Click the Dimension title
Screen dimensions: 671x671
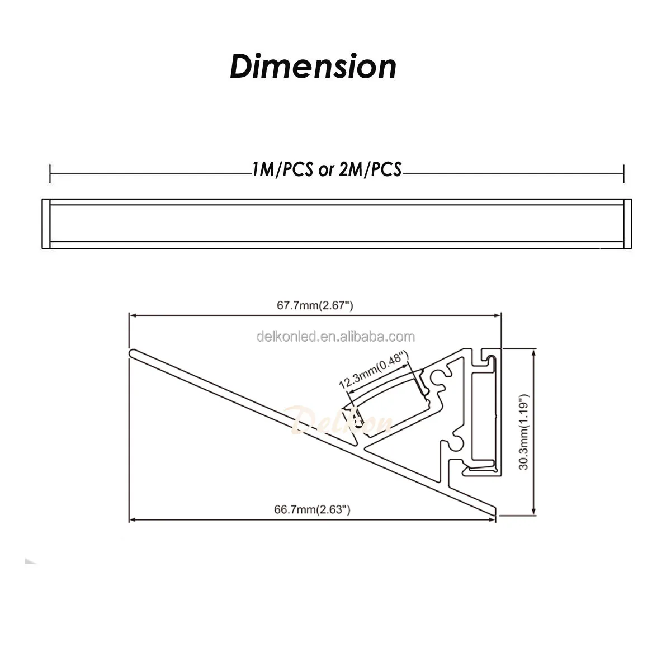(x=313, y=67)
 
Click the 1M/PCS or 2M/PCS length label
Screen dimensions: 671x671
(x=327, y=169)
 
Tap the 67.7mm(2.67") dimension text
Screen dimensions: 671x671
(x=315, y=305)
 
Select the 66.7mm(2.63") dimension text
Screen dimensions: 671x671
(x=312, y=509)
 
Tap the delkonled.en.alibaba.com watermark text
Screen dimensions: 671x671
(x=335, y=337)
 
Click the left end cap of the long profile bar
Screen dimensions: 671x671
(x=46, y=224)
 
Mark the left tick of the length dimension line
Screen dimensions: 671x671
(x=50, y=174)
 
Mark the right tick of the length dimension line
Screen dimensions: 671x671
(x=623, y=174)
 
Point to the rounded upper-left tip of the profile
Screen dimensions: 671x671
(x=133, y=352)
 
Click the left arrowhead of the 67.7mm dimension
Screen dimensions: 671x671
(x=132, y=315)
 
